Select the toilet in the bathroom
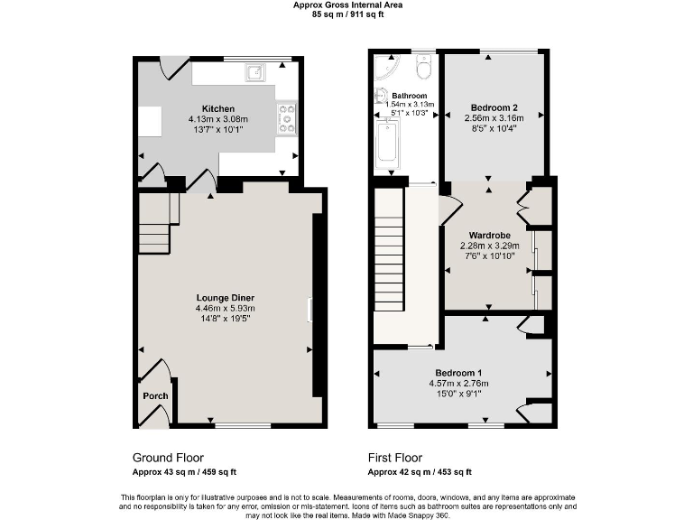(x=423, y=69)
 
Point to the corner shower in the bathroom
(x=386, y=69)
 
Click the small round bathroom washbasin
(x=381, y=97)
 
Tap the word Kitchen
(x=218, y=108)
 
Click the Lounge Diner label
(x=226, y=298)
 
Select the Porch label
(x=155, y=396)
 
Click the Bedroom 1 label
(x=458, y=373)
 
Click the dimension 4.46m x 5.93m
(x=226, y=309)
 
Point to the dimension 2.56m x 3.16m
(x=493, y=116)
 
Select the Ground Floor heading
(x=168, y=457)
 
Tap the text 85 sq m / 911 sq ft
(x=347, y=14)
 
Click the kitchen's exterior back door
(x=174, y=66)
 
